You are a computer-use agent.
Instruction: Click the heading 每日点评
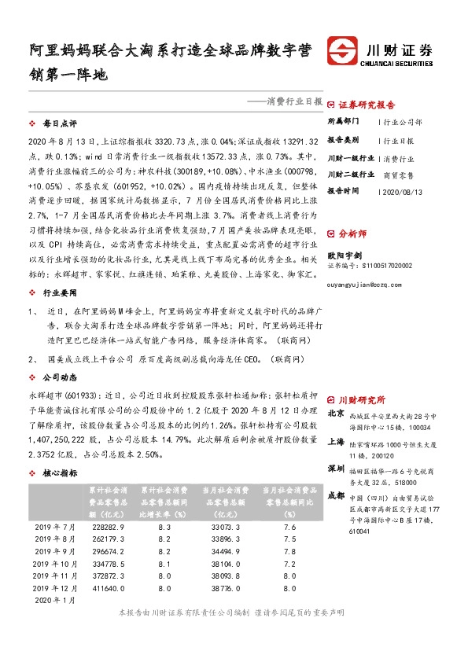pos(60,123)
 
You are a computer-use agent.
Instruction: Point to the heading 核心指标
pos(60,473)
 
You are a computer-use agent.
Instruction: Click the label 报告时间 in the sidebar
pos(343,192)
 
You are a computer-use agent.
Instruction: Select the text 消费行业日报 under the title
pos(297,101)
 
